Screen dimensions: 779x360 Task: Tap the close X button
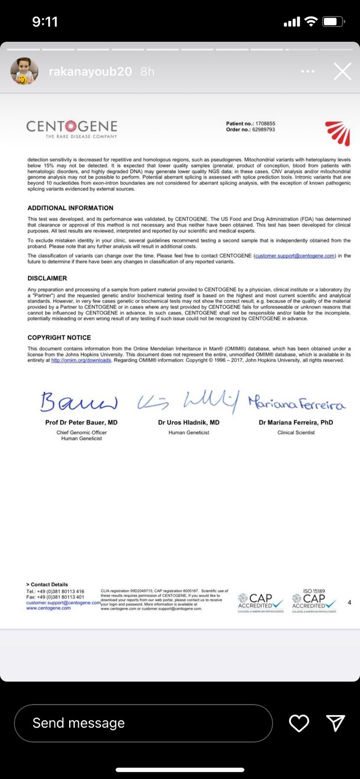click(x=342, y=72)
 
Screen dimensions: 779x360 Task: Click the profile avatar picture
click(x=24, y=72)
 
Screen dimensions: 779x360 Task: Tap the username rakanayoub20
click(x=90, y=72)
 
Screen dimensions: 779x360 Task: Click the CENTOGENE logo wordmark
click(x=72, y=128)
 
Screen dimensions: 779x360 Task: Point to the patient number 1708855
click(x=265, y=124)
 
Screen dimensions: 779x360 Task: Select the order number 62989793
click(x=264, y=130)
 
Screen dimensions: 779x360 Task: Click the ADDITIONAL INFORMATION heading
click(x=70, y=208)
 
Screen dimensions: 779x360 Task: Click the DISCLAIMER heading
click(x=47, y=278)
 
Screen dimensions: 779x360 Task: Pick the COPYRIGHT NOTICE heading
click(x=59, y=337)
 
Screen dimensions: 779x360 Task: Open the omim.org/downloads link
click(x=81, y=360)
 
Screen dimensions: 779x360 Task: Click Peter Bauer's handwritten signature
click(x=79, y=402)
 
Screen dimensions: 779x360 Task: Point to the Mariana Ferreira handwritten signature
click(x=296, y=403)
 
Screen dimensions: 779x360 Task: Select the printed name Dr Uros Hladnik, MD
click(x=189, y=423)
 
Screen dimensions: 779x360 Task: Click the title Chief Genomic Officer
click(x=81, y=432)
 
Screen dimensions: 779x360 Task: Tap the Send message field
click(x=143, y=723)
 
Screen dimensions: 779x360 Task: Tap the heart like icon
click(x=299, y=723)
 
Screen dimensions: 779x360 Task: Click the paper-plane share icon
click(x=336, y=723)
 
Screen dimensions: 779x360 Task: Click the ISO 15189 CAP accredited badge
click(x=314, y=601)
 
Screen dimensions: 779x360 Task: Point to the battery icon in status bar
click(x=334, y=22)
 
